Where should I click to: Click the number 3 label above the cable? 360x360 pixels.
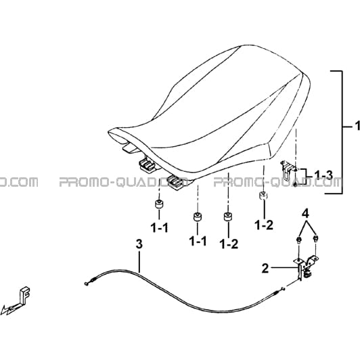[139, 244]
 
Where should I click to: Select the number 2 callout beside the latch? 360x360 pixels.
[265, 268]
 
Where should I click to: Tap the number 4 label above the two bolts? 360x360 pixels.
[305, 214]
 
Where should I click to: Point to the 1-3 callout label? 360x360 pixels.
[323, 175]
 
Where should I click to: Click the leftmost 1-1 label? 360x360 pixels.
[159, 228]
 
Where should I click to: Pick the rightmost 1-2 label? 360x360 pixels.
[265, 226]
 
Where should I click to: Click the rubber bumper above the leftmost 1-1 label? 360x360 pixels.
[159, 204]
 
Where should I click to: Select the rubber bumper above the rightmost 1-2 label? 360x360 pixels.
[264, 196]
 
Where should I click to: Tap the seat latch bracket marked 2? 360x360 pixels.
[305, 267]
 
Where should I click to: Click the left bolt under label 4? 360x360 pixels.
[299, 240]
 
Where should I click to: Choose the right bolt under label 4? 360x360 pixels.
[316, 238]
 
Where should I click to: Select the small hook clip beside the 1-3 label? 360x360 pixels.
[287, 169]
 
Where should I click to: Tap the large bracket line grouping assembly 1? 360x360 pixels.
[342, 132]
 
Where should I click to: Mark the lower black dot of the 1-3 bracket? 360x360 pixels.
[295, 184]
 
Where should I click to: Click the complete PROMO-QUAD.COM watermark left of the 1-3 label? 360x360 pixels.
[278, 182]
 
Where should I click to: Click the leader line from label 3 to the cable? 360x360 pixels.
[139, 261]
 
